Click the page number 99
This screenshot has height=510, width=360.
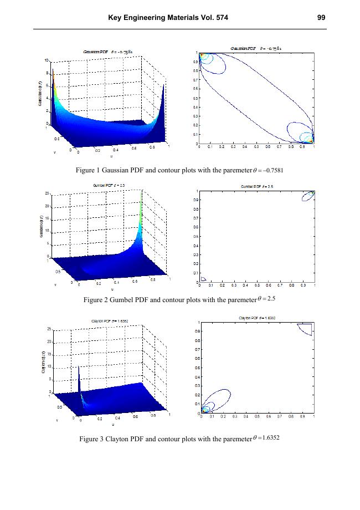point(321,18)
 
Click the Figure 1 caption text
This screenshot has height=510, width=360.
point(180,170)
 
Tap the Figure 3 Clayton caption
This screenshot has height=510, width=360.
point(180,438)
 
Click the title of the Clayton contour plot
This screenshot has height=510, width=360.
point(257,318)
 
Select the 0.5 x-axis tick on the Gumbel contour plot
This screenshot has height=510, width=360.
point(258,285)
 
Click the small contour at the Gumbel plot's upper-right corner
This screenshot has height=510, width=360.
point(308,196)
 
